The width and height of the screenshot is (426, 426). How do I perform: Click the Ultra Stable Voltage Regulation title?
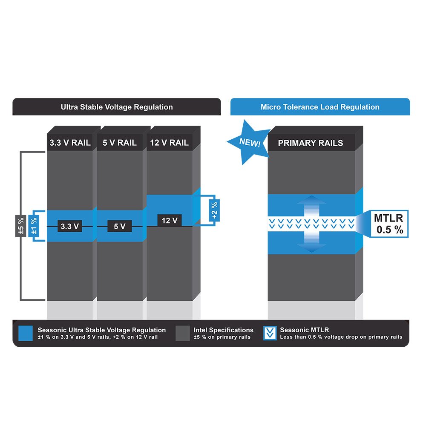click(x=117, y=107)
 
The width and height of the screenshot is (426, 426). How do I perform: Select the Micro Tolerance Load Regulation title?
click(x=320, y=107)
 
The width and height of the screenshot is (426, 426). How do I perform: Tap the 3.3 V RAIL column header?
click(x=69, y=143)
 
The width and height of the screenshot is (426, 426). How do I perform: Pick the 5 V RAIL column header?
click(x=120, y=143)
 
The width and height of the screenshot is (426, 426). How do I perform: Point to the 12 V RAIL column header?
click(x=169, y=143)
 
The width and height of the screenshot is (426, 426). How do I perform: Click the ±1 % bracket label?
click(x=34, y=226)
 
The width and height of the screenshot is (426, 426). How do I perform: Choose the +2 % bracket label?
click(x=214, y=209)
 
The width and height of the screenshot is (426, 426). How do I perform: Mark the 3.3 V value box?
click(x=69, y=226)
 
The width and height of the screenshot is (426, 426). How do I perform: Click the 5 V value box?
click(x=120, y=226)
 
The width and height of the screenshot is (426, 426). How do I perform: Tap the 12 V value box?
click(x=169, y=220)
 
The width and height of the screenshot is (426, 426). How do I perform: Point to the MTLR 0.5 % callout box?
click(x=388, y=224)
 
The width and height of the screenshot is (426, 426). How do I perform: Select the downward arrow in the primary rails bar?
click(x=312, y=242)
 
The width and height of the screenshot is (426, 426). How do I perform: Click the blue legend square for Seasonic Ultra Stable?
click(x=26, y=333)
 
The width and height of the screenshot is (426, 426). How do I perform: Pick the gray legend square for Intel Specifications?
click(x=183, y=333)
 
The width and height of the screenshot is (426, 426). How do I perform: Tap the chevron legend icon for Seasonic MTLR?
click(x=270, y=333)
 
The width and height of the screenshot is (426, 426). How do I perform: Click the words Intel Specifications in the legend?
click(x=223, y=330)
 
